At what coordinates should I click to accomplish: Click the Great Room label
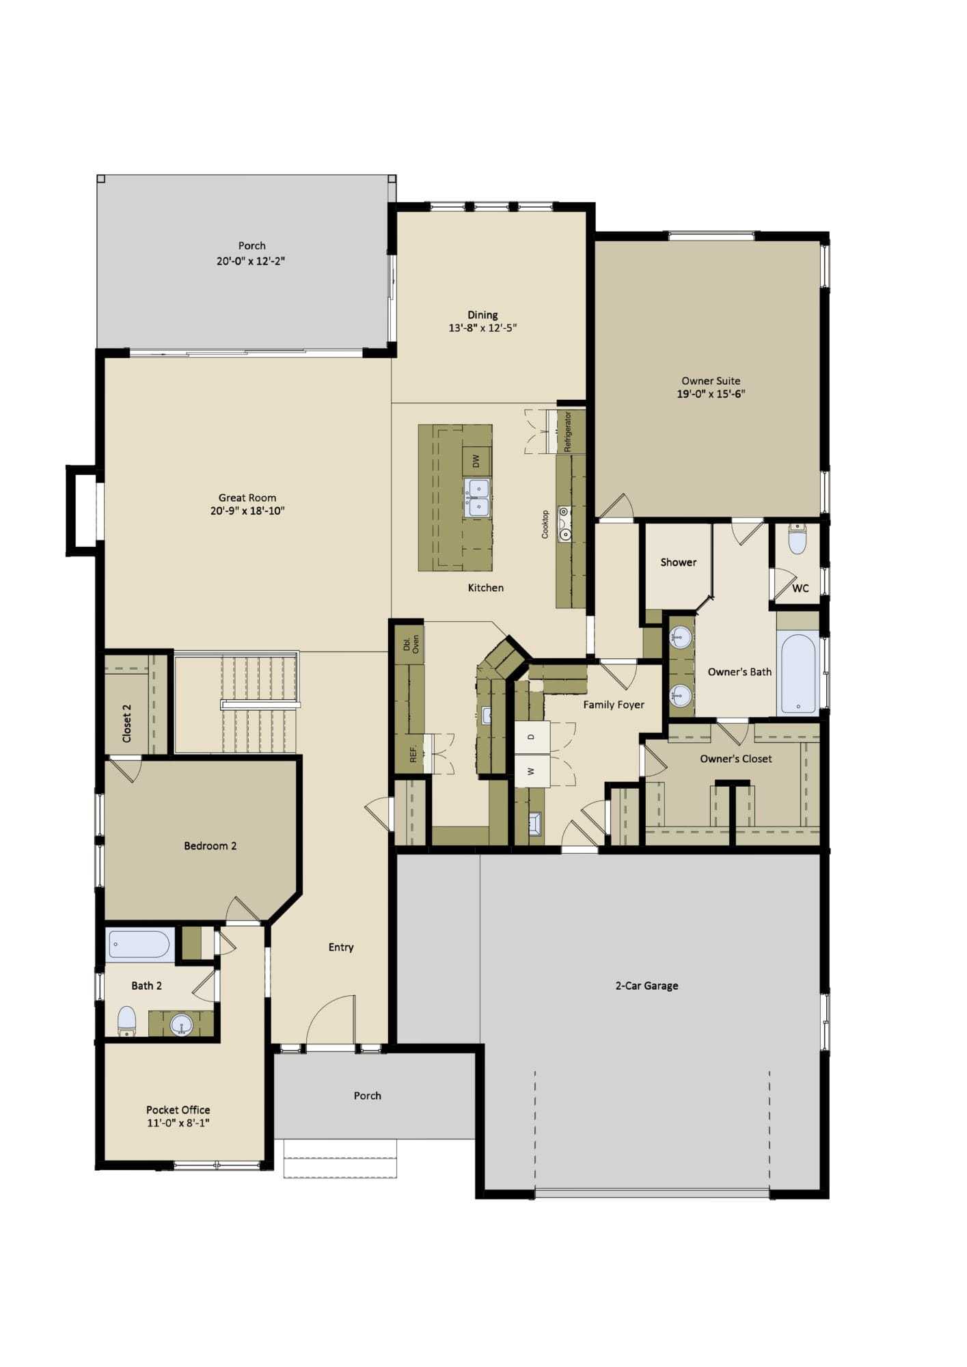tap(247, 498)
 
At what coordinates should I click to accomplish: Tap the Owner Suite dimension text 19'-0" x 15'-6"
tap(711, 394)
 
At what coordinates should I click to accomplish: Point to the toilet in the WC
tap(798, 539)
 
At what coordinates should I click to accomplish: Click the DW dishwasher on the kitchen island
tap(476, 461)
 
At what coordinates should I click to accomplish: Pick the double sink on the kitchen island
tap(477, 498)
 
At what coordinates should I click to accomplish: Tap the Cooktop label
tap(545, 524)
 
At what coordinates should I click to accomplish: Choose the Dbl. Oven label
tap(411, 643)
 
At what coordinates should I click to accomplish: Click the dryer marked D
tap(532, 737)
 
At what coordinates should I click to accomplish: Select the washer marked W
tap(532, 771)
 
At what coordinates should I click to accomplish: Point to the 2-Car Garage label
tap(646, 986)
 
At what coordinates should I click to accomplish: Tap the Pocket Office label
tap(178, 1110)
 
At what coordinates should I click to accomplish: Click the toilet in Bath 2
tap(127, 1022)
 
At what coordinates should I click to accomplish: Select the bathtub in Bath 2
tap(139, 945)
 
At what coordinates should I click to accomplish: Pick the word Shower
tap(678, 562)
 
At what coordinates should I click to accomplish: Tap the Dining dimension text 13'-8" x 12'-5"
tap(482, 327)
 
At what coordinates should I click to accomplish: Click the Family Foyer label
tap(614, 705)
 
